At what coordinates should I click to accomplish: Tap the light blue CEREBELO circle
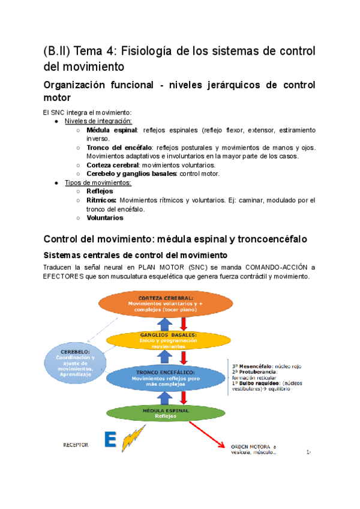point(76,362)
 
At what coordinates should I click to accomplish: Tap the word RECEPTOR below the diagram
point(76,445)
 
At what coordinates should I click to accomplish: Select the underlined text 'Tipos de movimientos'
point(94,182)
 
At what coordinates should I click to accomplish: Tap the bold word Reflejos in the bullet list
point(100,191)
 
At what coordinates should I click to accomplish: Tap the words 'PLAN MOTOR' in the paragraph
point(158,267)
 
